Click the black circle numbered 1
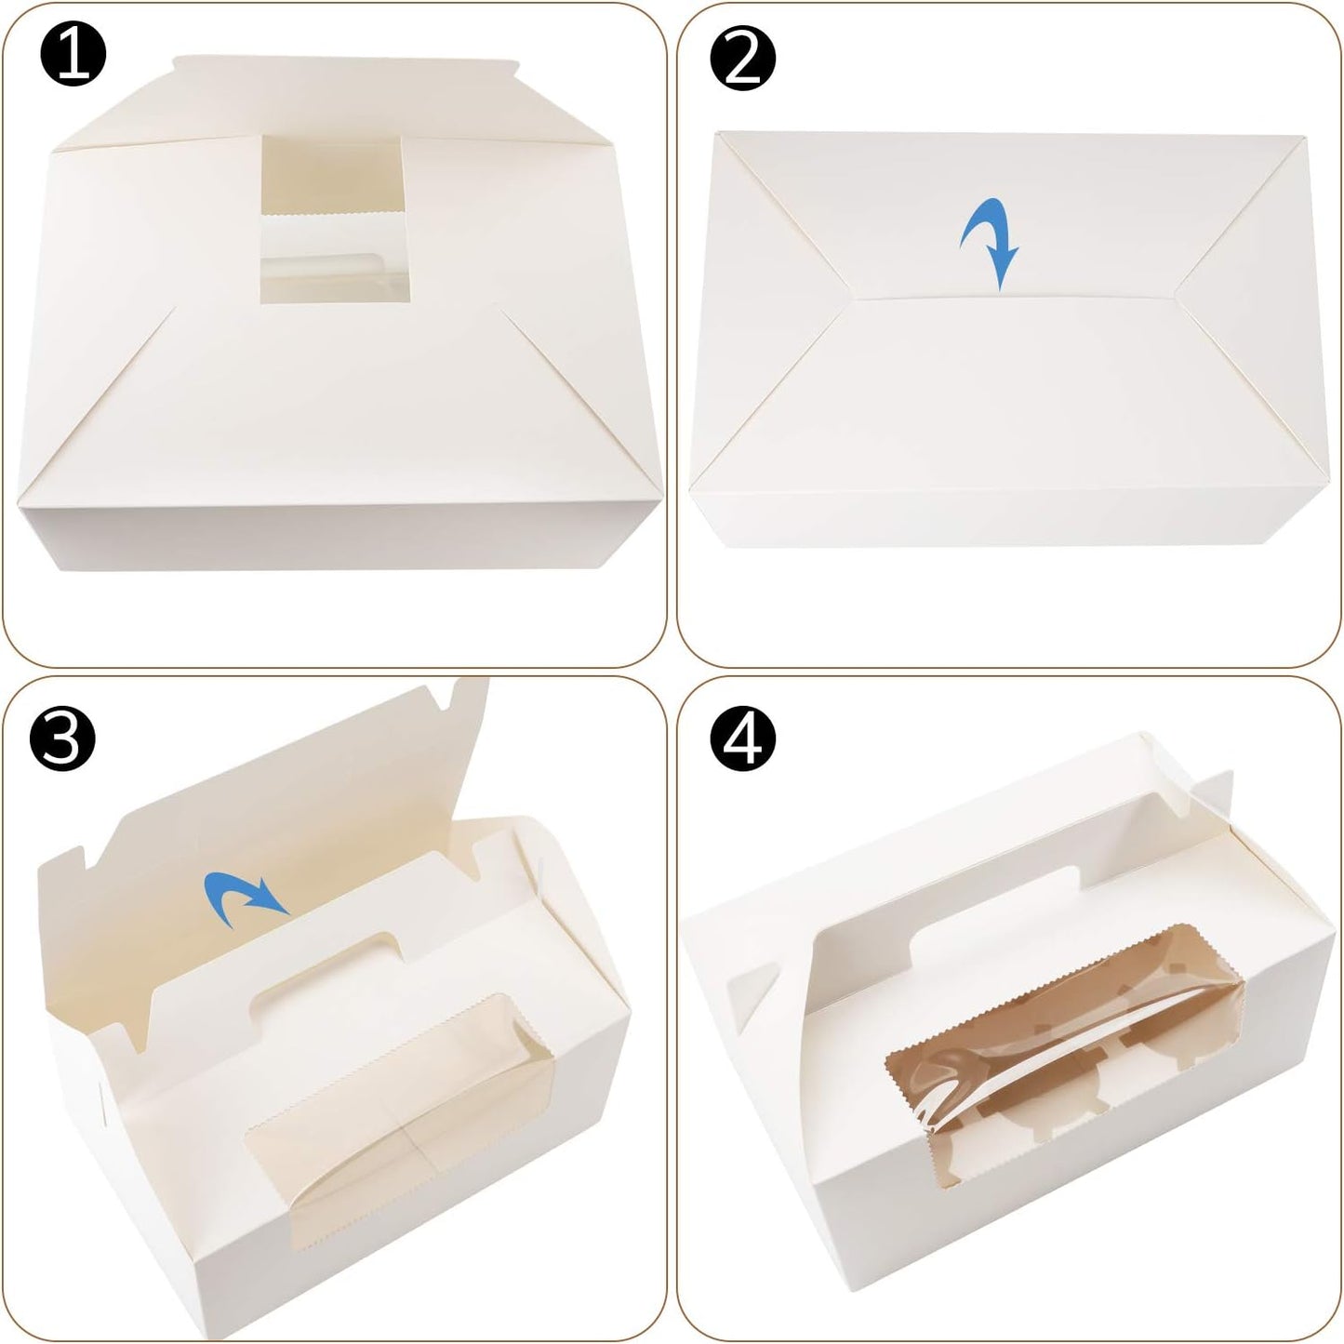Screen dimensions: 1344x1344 (x=73, y=54)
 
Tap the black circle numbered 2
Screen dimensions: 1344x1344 (x=743, y=58)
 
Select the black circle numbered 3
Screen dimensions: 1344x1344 (x=62, y=739)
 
